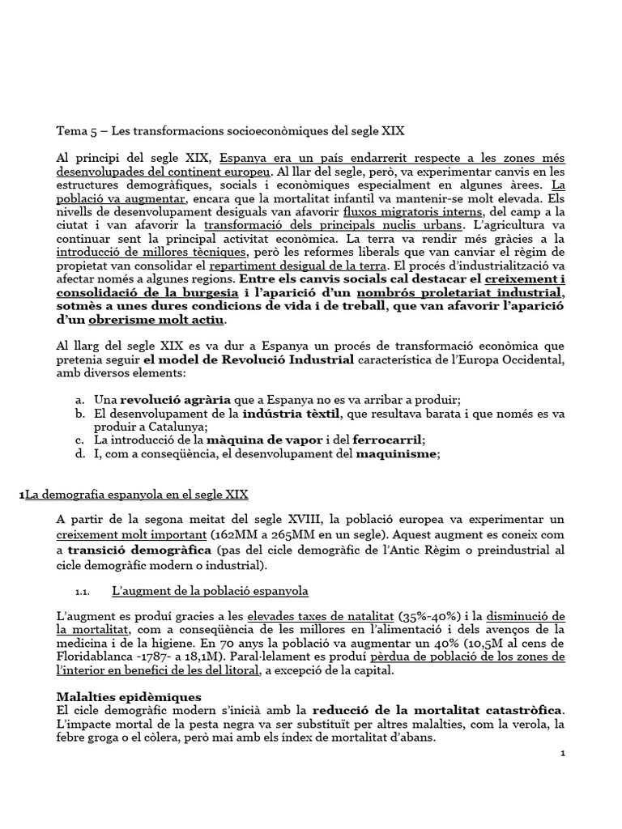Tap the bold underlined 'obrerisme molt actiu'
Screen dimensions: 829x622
(146, 321)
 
